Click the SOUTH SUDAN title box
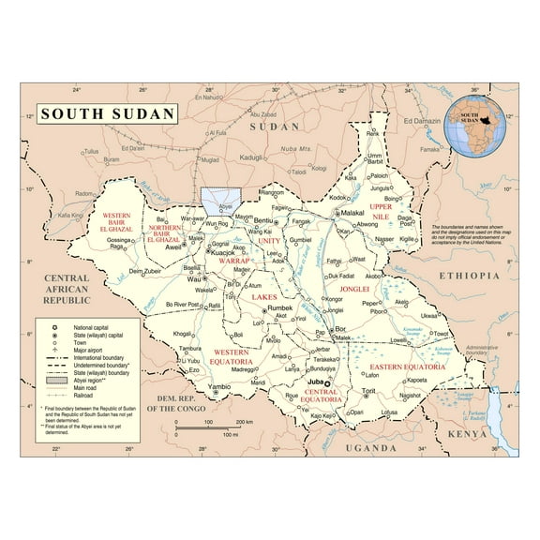tap(106, 113)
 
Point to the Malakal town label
tap(350, 213)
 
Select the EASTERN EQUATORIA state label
tap(433, 367)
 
